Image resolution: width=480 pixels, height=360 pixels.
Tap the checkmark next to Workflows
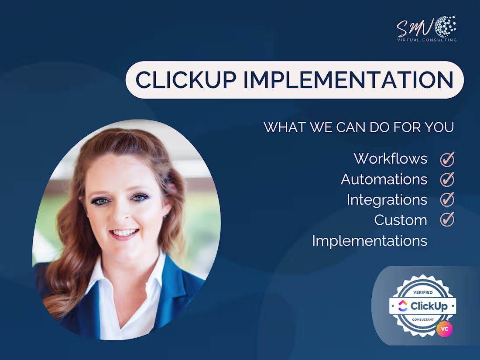click(447, 159)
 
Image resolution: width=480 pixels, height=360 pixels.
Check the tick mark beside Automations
click(447, 179)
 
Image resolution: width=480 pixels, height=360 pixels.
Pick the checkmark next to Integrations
click(447, 199)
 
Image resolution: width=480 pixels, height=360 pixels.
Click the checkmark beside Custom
click(447, 219)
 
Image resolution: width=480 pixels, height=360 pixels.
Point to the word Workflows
click(391, 158)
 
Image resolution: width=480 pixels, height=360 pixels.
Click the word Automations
click(384, 179)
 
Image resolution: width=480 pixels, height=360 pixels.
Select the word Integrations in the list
click(387, 199)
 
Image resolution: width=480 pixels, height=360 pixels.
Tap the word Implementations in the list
click(370, 240)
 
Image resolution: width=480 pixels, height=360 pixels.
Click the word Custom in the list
click(401, 220)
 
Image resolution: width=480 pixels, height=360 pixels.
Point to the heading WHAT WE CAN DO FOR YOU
click(359, 127)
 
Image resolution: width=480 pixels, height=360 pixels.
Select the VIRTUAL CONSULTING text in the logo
click(427, 40)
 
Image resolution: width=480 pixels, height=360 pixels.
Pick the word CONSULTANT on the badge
click(422, 319)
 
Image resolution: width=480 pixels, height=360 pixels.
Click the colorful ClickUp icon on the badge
click(403, 306)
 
